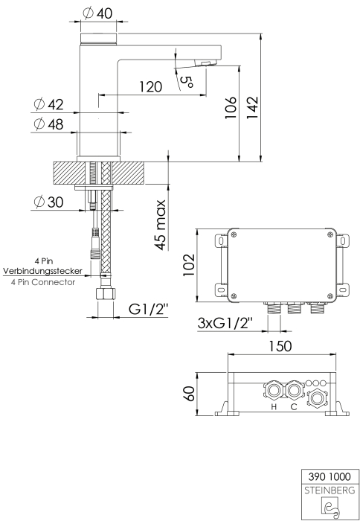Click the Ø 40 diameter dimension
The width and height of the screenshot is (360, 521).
[x=97, y=13]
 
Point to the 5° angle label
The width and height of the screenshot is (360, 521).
[x=187, y=82]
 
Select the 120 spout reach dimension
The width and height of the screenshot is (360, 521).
[x=150, y=87]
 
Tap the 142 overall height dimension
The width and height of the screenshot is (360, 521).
[x=252, y=107]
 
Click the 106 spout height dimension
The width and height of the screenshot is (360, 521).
[x=230, y=108]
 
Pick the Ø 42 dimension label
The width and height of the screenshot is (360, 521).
[x=48, y=104]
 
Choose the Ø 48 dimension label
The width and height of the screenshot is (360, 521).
[x=48, y=124]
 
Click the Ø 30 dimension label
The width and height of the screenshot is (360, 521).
[x=48, y=202]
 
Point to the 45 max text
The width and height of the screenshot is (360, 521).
[x=161, y=225]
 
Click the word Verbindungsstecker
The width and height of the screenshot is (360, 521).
[x=43, y=271]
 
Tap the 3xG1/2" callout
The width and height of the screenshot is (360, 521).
[x=225, y=322]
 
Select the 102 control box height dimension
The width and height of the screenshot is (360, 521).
[x=188, y=265]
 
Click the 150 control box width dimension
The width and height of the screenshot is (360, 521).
[x=280, y=346]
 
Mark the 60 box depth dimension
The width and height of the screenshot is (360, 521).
[x=189, y=394]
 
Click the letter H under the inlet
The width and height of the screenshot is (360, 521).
[x=274, y=406]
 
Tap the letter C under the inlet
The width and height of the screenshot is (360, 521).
[x=294, y=406]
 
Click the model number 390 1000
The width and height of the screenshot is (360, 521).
[x=330, y=477]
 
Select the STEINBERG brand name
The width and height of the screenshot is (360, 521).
[x=330, y=490]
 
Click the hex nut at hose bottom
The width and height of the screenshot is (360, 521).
[x=106, y=293]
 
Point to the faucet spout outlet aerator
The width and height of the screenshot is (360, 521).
[x=205, y=63]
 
